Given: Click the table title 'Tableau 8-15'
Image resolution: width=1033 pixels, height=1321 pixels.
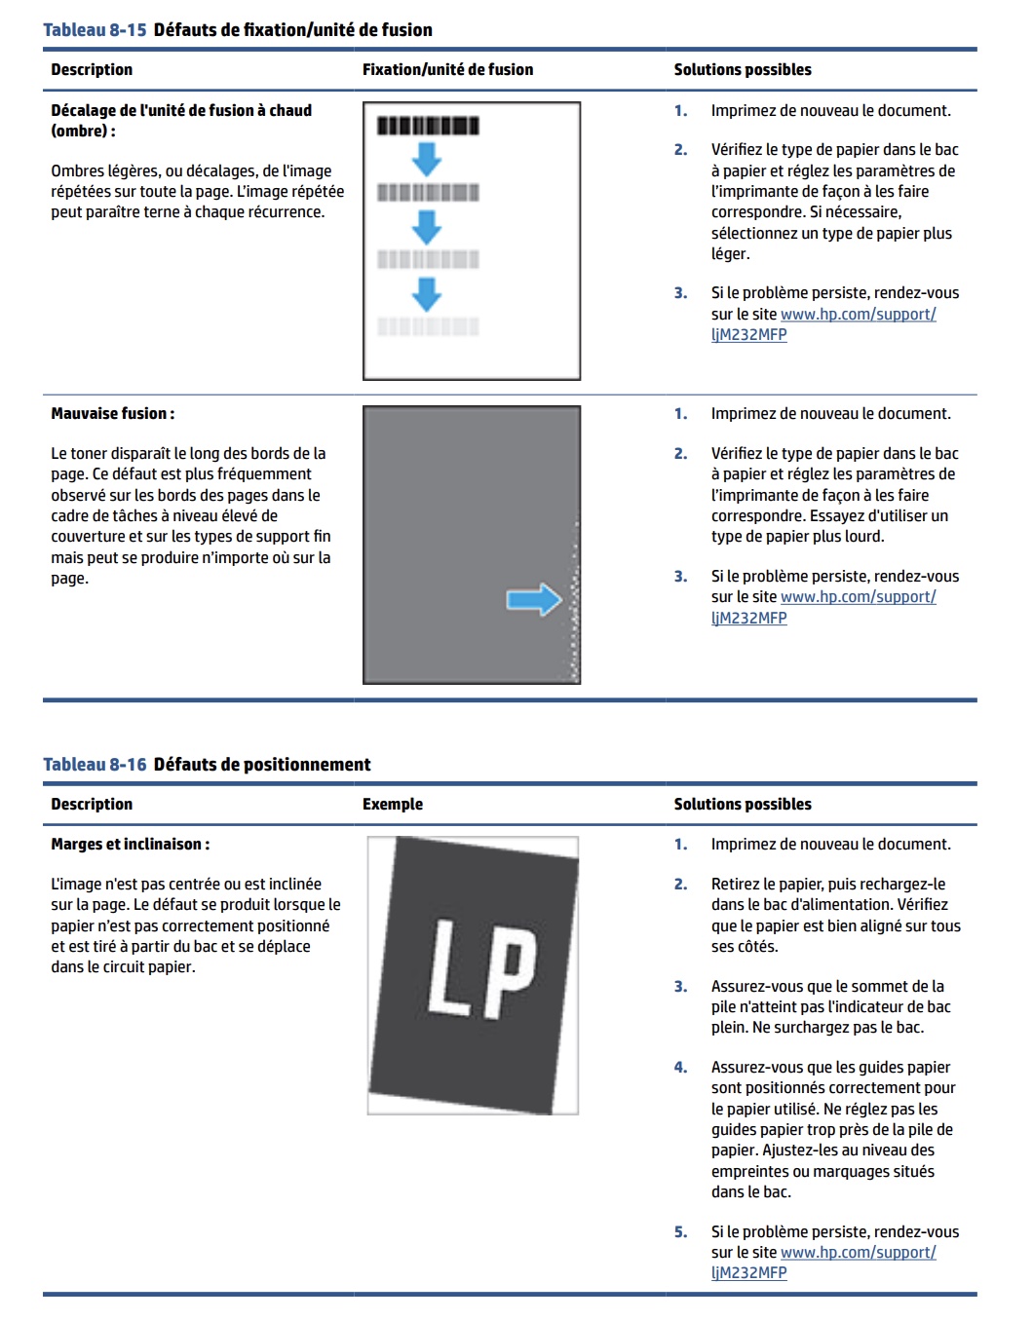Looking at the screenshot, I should tap(95, 30).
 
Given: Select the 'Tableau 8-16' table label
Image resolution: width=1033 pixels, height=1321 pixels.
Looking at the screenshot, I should tap(95, 765).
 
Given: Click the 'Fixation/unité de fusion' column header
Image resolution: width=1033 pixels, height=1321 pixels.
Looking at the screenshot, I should tap(447, 70).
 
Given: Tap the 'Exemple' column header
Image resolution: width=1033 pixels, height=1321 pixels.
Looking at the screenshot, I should tap(393, 805).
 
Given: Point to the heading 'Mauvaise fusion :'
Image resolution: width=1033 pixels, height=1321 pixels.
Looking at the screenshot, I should tap(113, 414).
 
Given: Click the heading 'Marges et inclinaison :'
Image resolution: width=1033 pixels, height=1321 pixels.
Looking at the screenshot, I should tap(131, 845).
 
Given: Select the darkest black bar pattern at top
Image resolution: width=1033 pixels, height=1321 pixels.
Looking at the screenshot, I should tap(428, 126).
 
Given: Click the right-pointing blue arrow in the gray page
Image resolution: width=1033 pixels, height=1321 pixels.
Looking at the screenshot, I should tap(534, 599).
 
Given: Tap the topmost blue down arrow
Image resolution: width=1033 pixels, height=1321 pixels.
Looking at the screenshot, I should tap(427, 158).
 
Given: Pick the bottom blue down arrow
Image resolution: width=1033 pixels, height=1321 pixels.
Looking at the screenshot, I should tap(427, 293).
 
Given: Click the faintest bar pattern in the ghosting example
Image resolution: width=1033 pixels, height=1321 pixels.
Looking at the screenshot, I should tap(428, 326).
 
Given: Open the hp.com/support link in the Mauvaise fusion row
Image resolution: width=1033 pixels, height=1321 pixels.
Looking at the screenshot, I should tap(858, 597).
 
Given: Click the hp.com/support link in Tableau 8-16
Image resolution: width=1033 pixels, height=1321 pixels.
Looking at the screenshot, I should tap(858, 1253).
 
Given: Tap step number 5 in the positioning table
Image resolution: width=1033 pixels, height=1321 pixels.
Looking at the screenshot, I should tap(680, 1232).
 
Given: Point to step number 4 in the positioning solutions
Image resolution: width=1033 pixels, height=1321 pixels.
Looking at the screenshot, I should tap(680, 1068).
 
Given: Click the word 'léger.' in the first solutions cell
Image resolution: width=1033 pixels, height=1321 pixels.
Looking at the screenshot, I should tap(731, 254).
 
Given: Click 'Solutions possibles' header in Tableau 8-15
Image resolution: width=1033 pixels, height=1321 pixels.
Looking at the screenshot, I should tap(743, 70).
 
